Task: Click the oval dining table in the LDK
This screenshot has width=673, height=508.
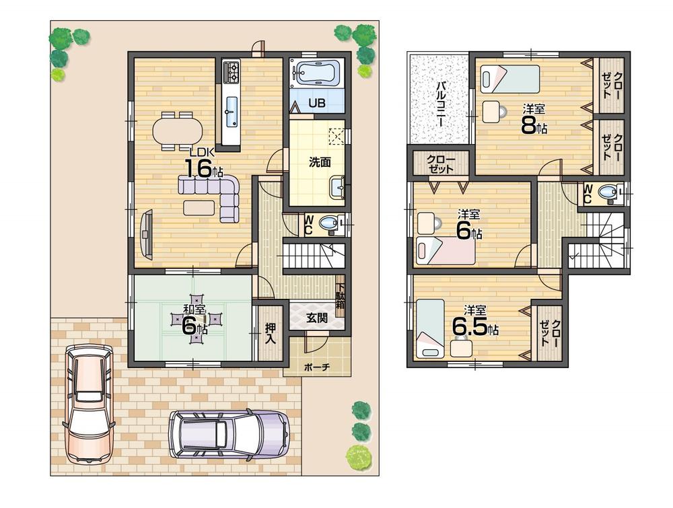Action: pyautogui.click(x=176, y=131)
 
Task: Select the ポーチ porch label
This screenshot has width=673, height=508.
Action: pyautogui.click(x=316, y=367)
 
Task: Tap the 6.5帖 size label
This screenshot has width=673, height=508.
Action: pyautogui.click(x=475, y=326)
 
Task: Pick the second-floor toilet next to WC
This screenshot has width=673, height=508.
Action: pyautogui.click(x=610, y=194)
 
